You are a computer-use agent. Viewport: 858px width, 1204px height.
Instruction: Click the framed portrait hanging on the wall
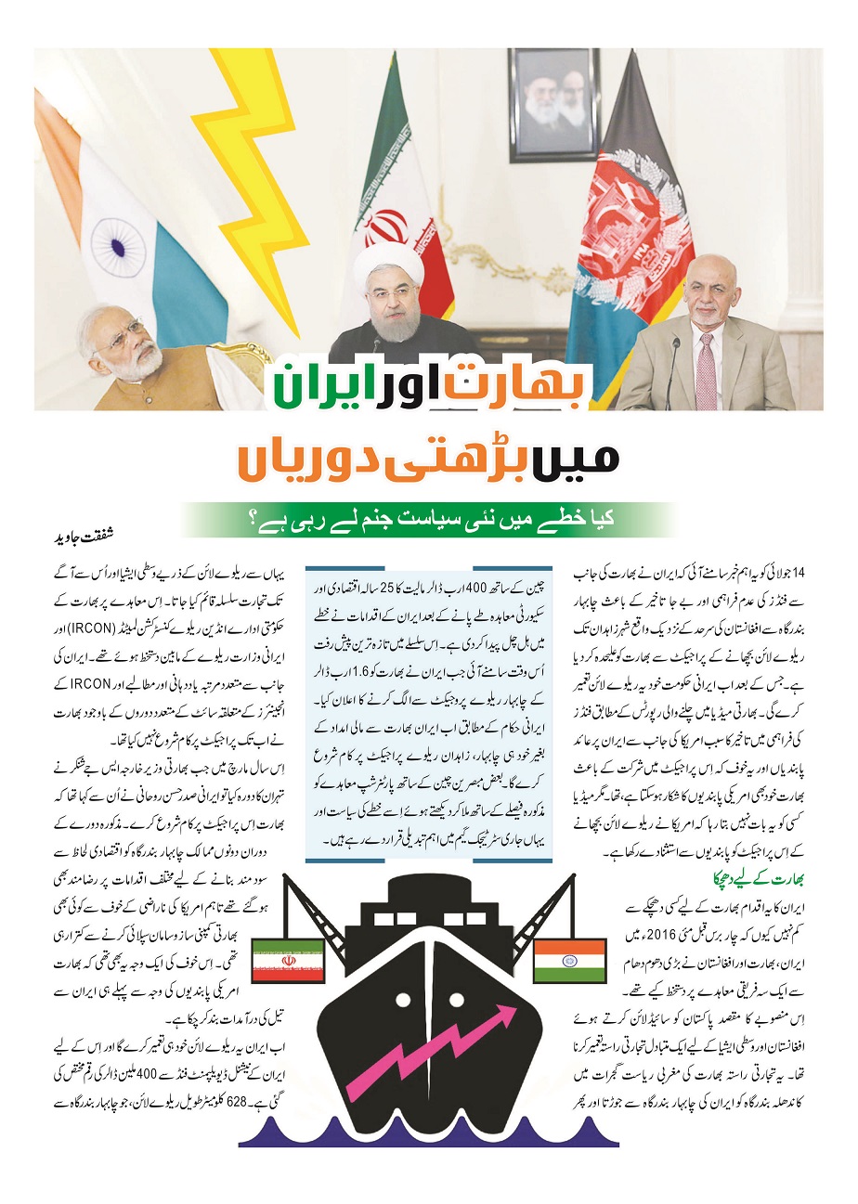[553, 104]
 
